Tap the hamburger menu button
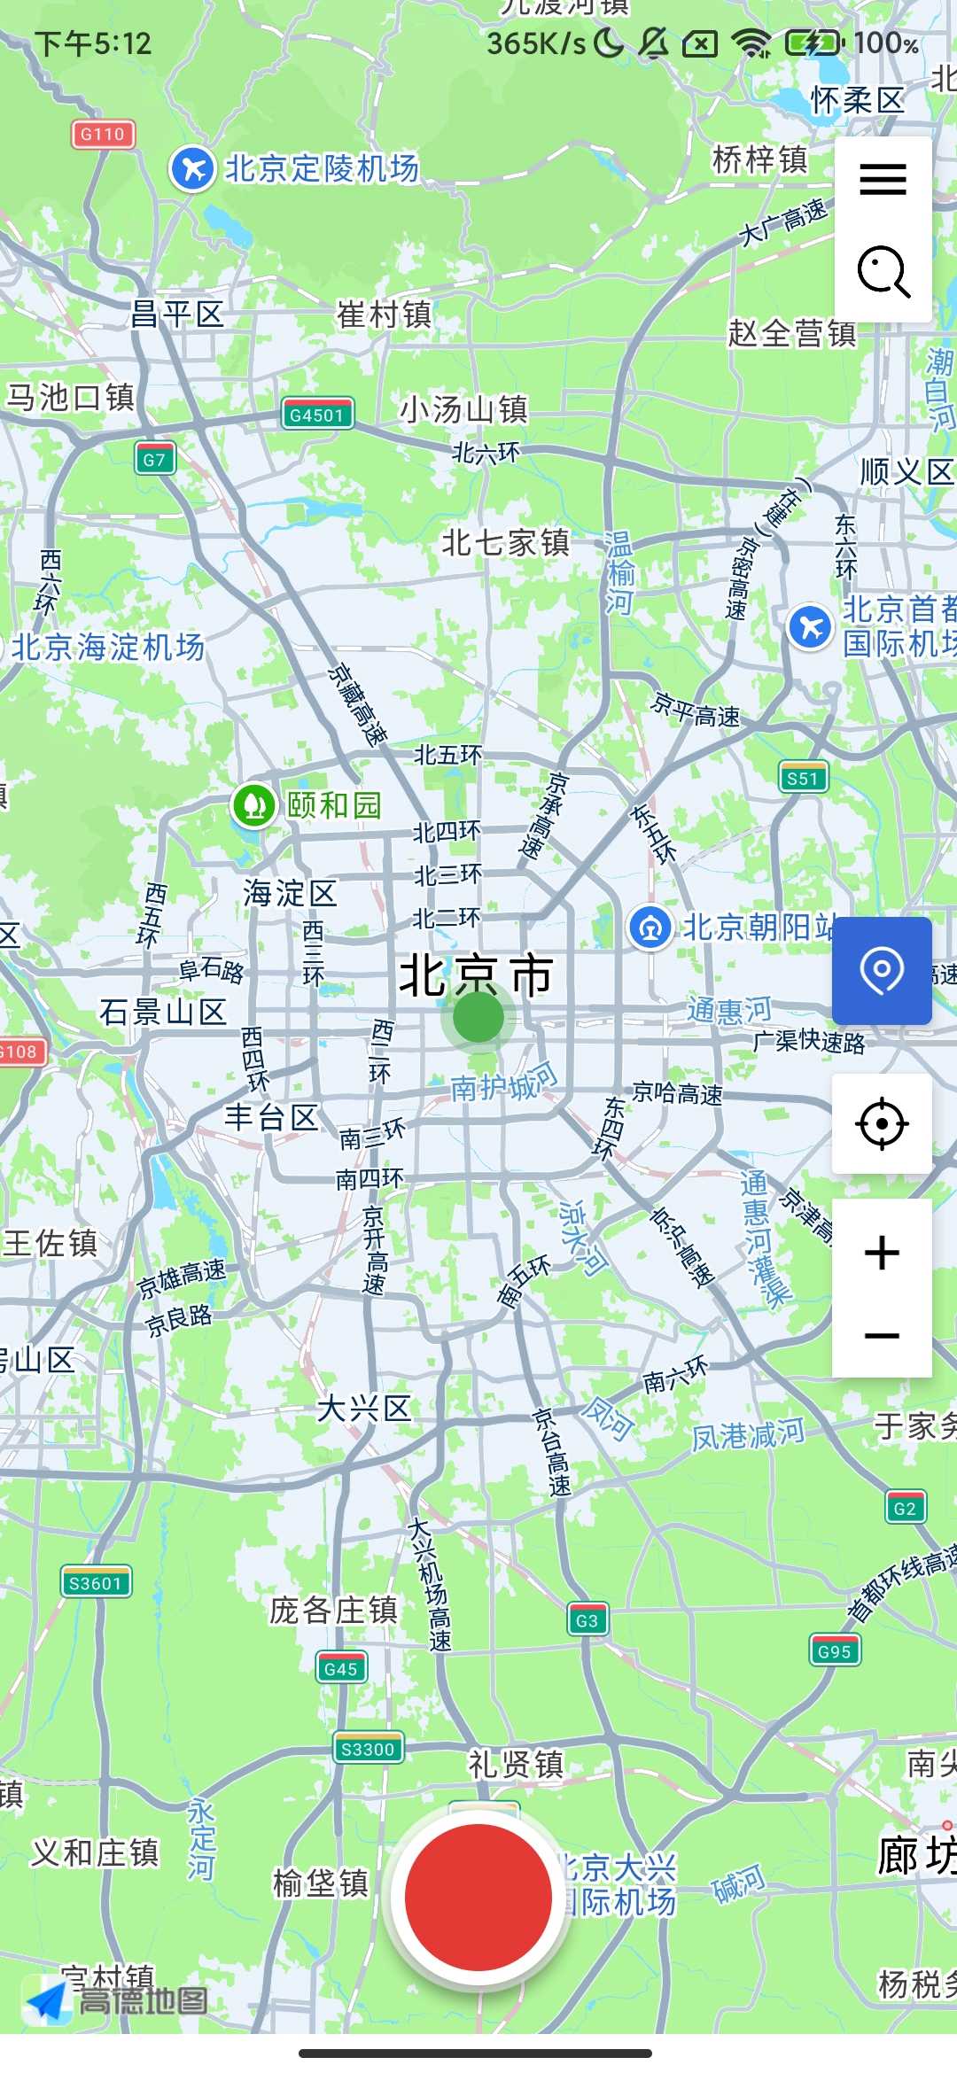coord(883,179)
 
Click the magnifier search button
coord(883,271)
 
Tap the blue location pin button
coord(882,971)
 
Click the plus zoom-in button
coord(882,1253)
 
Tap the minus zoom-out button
coord(882,1336)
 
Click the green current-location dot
coord(478,1017)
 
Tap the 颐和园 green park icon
coord(253,805)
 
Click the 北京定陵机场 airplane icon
coord(192,168)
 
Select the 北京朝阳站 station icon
coord(650,928)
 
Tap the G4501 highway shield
coord(317,415)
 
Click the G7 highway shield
coord(154,459)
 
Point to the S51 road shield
coord(803,778)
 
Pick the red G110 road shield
coord(103,134)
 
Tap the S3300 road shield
coord(368,1749)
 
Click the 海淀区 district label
coord(290,893)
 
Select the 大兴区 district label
coord(364,1409)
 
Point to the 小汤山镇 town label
coord(463,409)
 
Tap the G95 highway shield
coord(834,1651)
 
